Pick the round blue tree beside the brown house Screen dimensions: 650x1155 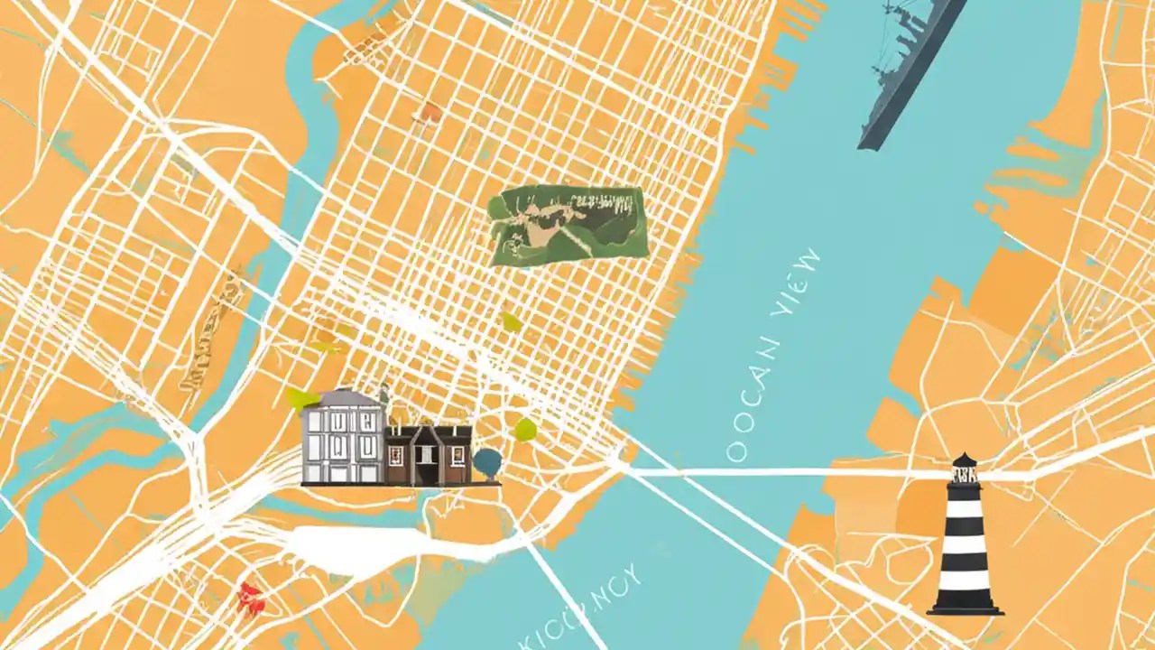tap(486, 463)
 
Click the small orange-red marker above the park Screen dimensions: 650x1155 tap(432, 113)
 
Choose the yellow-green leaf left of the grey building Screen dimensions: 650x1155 tap(302, 398)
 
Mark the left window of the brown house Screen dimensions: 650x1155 tap(395, 450)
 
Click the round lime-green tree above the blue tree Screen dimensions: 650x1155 tap(525, 429)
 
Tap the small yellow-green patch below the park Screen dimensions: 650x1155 tap(512, 321)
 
